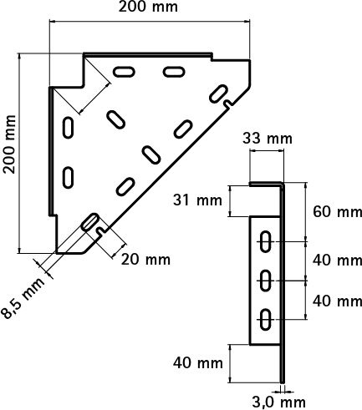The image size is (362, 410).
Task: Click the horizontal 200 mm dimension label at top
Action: click(x=148, y=7)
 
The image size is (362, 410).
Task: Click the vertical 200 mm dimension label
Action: click(x=10, y=144)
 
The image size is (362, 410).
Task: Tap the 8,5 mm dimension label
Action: click(x=23, y=298)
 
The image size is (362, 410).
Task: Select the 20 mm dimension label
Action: click(x=145, y=260)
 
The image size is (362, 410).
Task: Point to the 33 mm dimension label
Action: click(x=268, y=139)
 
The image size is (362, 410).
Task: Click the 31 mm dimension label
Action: click(x=197, y=200)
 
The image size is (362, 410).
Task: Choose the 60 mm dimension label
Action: click(x=337, y=212)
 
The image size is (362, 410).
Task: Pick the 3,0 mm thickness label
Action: click(x=279, y=402)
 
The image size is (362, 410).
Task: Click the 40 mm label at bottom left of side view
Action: click(x=198, y=363)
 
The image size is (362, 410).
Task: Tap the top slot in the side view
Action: click(x=266, y=241)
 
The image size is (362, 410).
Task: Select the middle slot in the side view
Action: click(x=266, y=281)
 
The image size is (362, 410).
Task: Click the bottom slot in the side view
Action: click(x=266, y=319)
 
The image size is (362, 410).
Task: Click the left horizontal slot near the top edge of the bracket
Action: click(x=124, y=71)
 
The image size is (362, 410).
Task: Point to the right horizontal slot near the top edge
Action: click(x=174, y=71)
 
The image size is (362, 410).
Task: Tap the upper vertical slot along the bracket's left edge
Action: click(x=68, y=128)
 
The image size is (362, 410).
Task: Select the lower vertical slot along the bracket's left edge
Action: click(x=68, y=177)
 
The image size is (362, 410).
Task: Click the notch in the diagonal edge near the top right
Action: click(x=228, y=104)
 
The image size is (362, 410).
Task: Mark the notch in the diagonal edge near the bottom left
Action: click(x=101, y=230)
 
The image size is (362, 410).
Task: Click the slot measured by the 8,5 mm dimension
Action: click(x=89, y=222)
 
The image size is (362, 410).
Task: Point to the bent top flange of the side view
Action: click(x=266, y=185)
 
